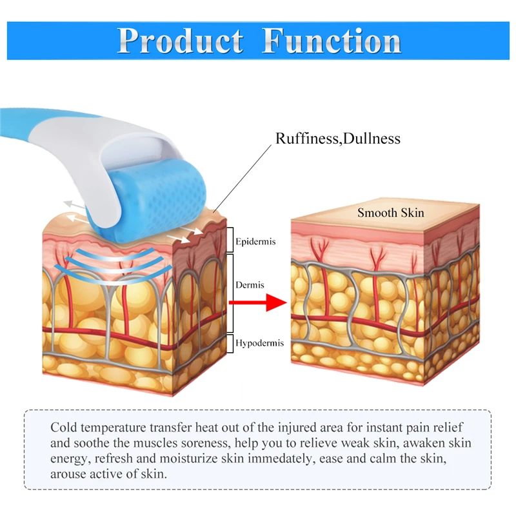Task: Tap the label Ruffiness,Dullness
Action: pos(338,138)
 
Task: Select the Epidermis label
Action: pos(255,242)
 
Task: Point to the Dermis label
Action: pos(250,284)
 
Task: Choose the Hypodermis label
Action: pos(259,343)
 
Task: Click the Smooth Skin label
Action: pos(391,212)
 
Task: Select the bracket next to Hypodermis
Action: pos(230,342)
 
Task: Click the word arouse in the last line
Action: pos(68,474)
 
